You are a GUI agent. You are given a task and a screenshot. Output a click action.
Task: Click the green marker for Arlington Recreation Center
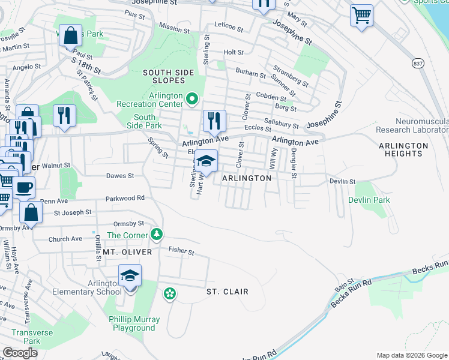tap(192, 98)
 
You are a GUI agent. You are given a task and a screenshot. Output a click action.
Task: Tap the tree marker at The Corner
tap(157, 234)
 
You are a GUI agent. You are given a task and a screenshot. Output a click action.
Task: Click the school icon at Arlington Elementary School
tap(130, 276)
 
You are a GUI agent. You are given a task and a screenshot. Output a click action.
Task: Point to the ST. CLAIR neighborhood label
tap(227, 292)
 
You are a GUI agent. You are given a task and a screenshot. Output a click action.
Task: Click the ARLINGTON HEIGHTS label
tap(403, 149)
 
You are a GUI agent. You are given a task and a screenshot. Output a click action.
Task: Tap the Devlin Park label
tap(369, 200)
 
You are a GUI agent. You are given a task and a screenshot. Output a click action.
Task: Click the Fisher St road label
tap(181, 251)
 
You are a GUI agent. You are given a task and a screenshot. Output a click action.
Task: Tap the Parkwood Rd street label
tap(125, 197)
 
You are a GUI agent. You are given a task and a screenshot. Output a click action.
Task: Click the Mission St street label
tap(175, 27)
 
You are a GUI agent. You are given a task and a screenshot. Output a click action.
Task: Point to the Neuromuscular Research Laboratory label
tap(412, 125)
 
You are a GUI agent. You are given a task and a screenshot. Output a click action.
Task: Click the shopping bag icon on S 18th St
tap(70, 35)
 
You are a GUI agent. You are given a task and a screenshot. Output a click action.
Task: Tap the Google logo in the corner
tap(20, 353)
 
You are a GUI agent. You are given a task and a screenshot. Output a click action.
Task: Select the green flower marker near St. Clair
tap(170, 293)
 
